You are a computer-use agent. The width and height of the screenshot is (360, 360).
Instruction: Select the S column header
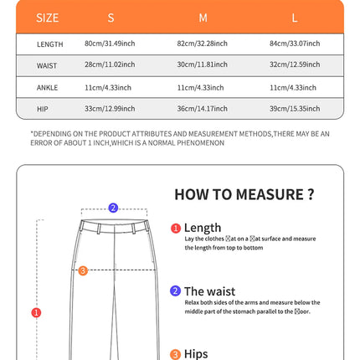pyautogui.click(x=111, y=17)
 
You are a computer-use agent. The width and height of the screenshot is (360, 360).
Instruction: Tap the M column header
pyautogui.click(x=203, y=17)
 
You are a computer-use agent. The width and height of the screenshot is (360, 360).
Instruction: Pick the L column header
pyautogui.click(x=295, y=17)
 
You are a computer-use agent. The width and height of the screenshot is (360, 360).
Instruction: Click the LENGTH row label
pyautogui.click(x=49, y=44)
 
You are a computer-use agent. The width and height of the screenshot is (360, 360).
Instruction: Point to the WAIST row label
pyautogui.click(x=48, y=65)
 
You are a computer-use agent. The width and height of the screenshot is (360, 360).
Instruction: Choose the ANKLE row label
pyautogui.click(x=48, y=87)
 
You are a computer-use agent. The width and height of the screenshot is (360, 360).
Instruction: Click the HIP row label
pyautogui.click(x=43, y=109)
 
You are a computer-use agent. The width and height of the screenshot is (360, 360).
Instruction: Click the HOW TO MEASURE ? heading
pyautogui.click(x=244, y=194)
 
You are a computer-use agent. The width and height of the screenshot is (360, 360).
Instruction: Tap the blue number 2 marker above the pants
pyautogui.click(x=113, y=208)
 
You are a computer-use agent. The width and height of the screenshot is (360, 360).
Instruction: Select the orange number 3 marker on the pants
pyautogui.click(x=82, y=270)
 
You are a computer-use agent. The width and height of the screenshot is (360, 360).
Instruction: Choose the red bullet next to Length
pyautogui.click(x=176, y=228)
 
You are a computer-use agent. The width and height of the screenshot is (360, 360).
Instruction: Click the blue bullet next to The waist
pyautogui.click(x=176, y=291)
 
